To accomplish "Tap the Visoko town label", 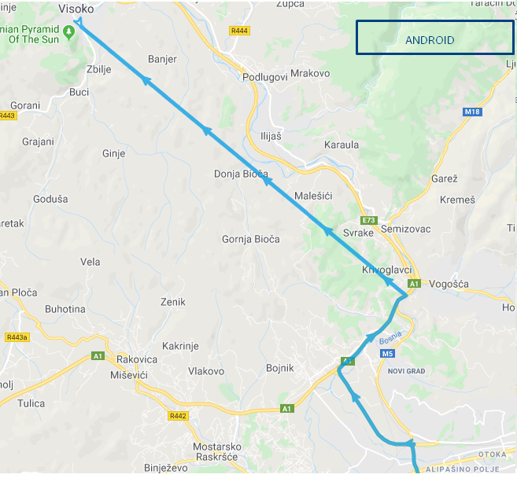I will tap(76, 9).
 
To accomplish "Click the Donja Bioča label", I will tap(241, 174).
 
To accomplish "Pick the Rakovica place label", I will tap(137, 359).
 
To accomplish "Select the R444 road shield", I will tap(239, 31).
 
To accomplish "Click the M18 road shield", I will tap(472, 112).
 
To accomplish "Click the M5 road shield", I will tap(387, 354).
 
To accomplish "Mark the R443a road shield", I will tap(16, 337).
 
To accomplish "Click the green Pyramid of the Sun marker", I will tap(69, 31).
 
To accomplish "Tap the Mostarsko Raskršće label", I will tap(216, 452).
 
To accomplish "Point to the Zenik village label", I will tap(172, 302).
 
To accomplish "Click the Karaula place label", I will tap(342, 145).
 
